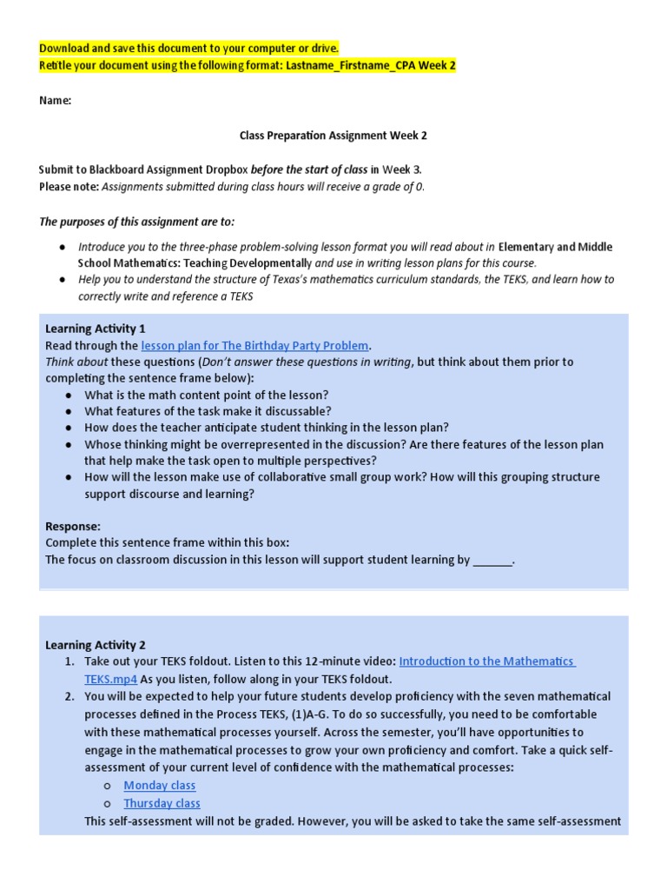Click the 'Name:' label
pos(55,101)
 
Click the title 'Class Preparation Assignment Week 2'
pos(333,136)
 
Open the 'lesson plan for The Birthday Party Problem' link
pos(254,345)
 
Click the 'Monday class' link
pos(160,786)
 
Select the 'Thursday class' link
pos(162,803)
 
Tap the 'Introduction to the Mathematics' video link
pos(486,661)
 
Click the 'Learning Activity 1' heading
pos(96,329)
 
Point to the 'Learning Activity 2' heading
pos(96,645)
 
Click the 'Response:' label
pos(73,527)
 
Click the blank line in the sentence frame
pos(492,561)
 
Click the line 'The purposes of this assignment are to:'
pos(137,222)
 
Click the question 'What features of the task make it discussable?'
pos(208,411)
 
